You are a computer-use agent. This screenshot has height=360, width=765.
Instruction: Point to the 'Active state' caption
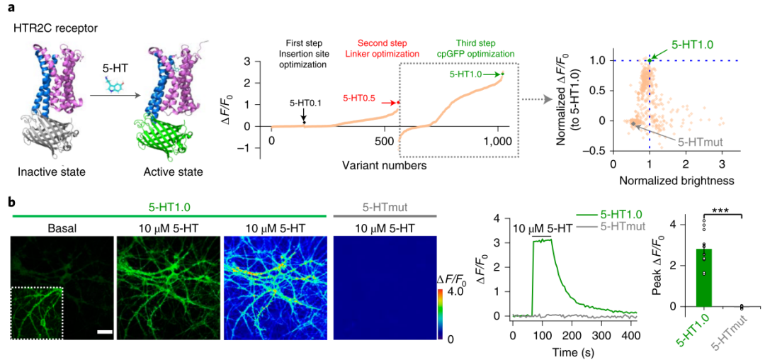pos(173,172)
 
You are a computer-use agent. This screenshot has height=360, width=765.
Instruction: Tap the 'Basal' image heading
pos(62,227)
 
